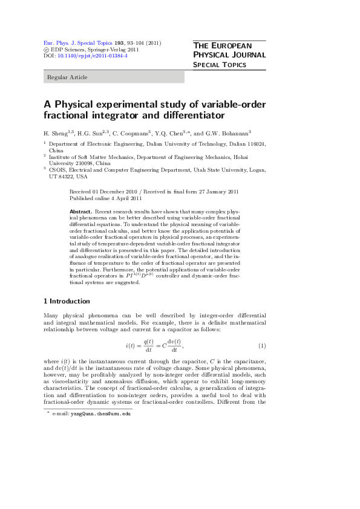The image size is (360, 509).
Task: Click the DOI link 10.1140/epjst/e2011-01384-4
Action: pyautogui.click(x=93, y=56)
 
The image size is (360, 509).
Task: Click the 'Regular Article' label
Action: pyautogui.click(x=66, y=77)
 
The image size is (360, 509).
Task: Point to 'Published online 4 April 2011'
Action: pyautogui.click(x=106, y=198)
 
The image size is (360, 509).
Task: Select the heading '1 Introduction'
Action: pyautogui.click(x=67, y=301)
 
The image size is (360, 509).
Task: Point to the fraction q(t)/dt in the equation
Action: pyautogui.click(x=148, y=345)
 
